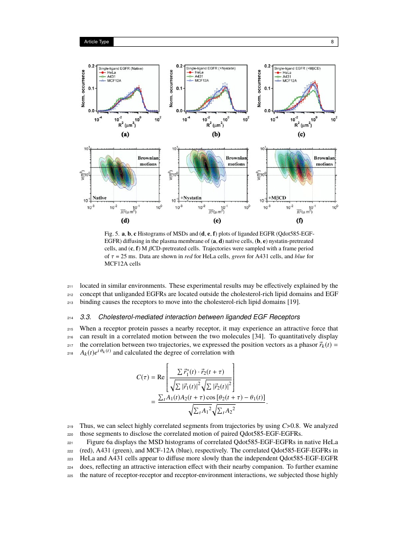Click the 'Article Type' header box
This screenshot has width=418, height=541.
pos(96,42)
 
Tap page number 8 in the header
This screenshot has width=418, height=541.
pos(333,42)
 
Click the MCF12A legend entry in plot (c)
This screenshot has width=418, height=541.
pos(286,80)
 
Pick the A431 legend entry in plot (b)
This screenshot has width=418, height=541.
pos(199,76)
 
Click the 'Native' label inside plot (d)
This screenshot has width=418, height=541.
pos(100,197)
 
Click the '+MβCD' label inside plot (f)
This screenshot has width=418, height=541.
pos(279,197)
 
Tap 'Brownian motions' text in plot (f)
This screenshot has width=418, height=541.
pos(324,161)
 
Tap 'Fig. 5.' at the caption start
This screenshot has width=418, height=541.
pos(113,233)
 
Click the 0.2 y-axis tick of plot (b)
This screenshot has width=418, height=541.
pos(180,66)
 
